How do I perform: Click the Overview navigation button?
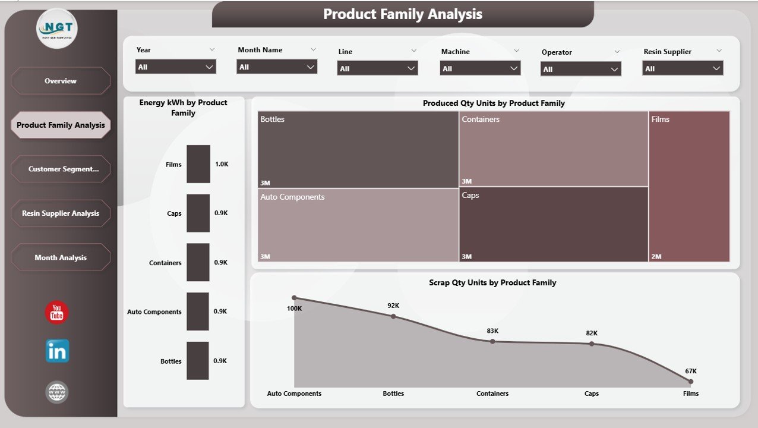click(x=61, y=81)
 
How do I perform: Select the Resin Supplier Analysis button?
click(x=61, y=213)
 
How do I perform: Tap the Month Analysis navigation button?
click(x=61, y=257)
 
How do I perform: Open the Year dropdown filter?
click(x=175, y=67)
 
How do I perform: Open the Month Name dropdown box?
click(x=277, y=67)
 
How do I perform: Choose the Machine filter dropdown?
click(x=480, y=69)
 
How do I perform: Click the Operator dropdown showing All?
click(x=580, y=70)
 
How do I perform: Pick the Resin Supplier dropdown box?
click(x=683, y=69)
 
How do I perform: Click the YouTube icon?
click(x=57, y=313)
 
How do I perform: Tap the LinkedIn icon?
click(x=57, y=351)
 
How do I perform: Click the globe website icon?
click(x=57, y=392)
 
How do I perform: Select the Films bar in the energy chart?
click(x=198, y=164)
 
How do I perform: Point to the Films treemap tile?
click(x=688, y=186)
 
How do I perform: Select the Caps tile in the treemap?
click(x=553, y=225)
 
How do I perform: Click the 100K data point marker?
click(x=294, y=297)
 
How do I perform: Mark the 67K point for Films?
click(x=690, y=382)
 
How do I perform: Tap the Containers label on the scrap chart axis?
click(x=492, y=394)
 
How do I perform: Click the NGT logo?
click(x=57, y=28)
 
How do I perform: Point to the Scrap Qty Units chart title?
click(x=492, y=283)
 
